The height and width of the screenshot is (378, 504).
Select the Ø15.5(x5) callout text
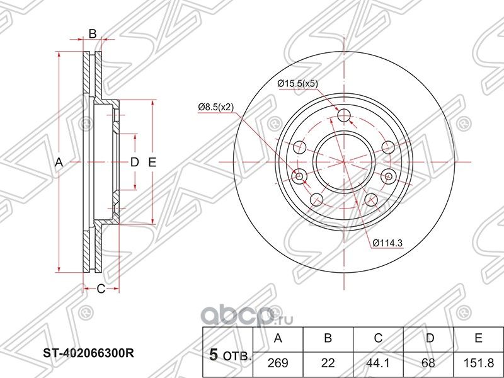pos(297,83)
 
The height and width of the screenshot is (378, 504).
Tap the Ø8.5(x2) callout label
pos(215,108)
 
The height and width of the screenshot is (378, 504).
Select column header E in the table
pos(479,338)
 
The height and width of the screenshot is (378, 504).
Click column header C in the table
pos(378,338)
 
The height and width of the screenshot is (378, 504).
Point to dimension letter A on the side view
pos(59,162)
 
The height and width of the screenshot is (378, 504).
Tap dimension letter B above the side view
pos(92,34)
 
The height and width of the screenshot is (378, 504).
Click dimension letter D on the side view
pos(134,162)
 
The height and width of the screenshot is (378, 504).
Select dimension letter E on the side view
pos(152,162)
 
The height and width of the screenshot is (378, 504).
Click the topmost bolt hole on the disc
pos(344,115)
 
